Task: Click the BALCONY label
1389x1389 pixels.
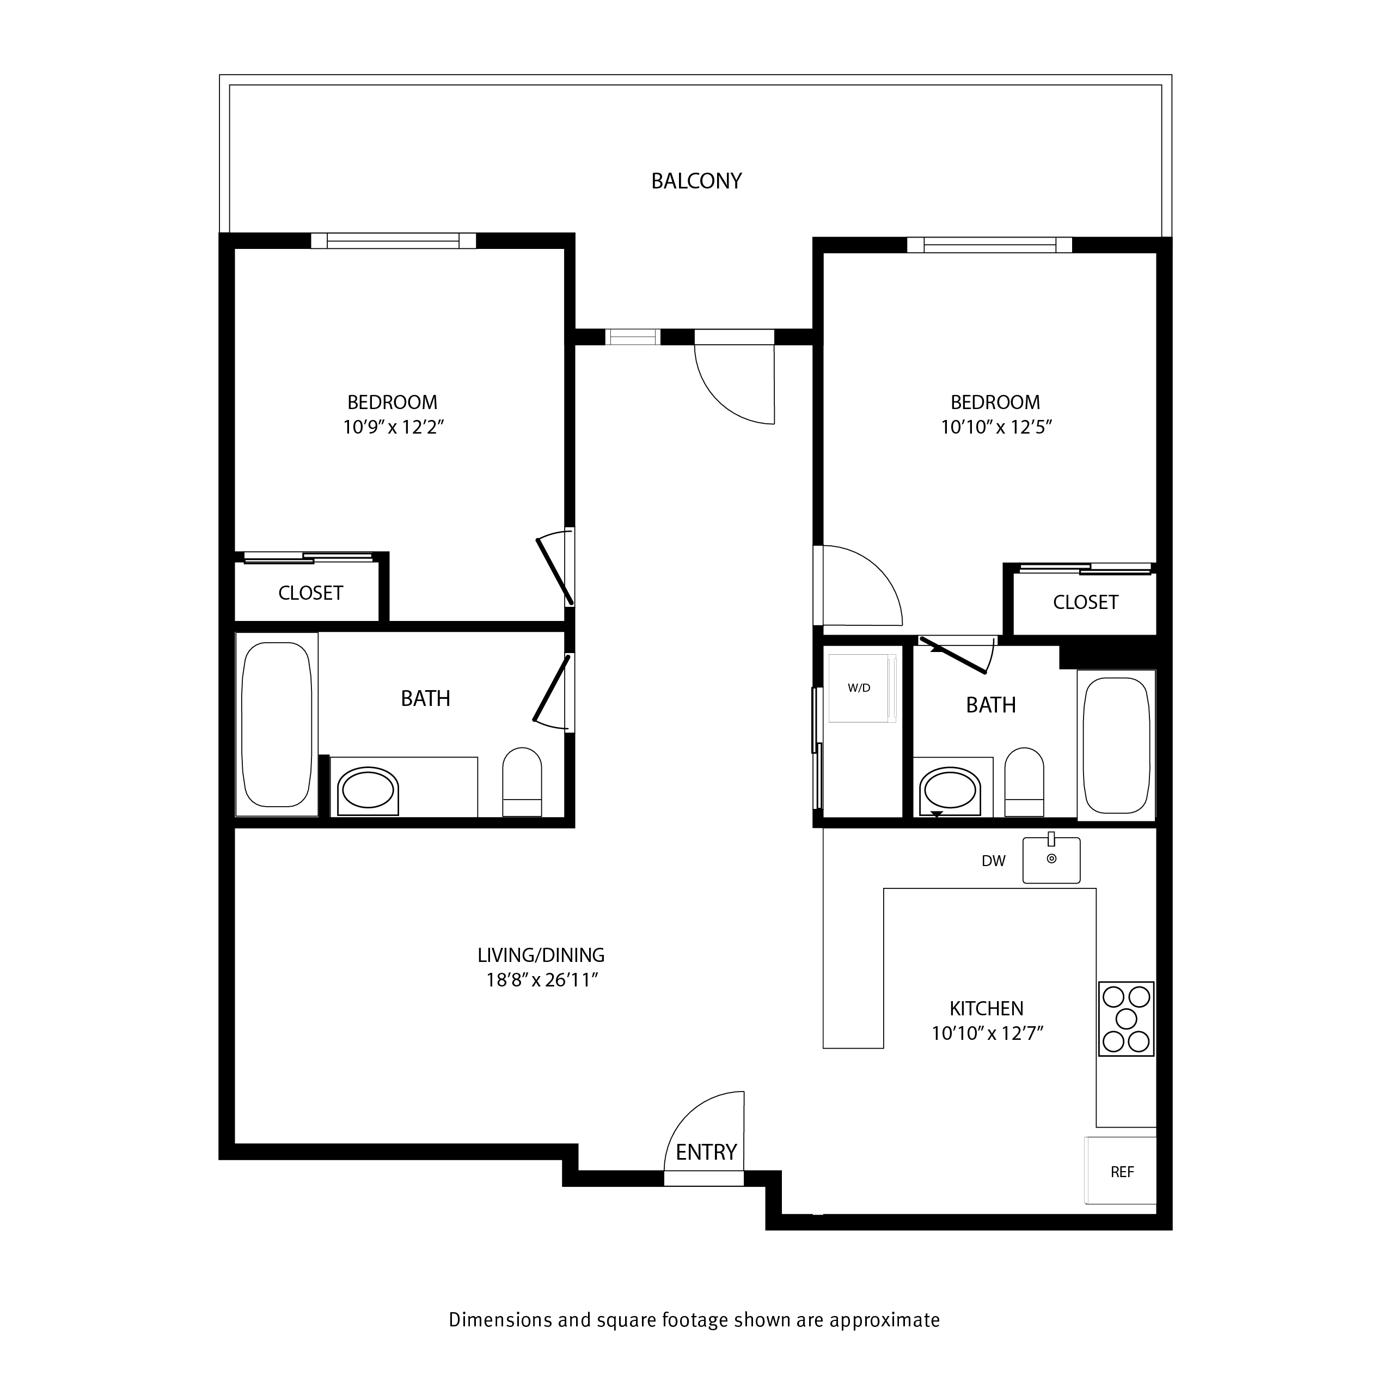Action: (x=696, y=180)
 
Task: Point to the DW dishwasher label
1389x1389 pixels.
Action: (x=994, y=861)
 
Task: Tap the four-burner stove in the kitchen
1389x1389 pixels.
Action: (x=1126, y=1019)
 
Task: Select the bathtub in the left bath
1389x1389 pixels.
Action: (x=277, y=724)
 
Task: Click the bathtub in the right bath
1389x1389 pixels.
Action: (x=1117, y=745)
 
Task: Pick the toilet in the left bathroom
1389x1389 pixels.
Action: (x=522, y=782)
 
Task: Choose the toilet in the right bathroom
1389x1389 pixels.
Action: (x=1024, y=782)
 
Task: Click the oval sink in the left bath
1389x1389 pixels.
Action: (x=368, y=791)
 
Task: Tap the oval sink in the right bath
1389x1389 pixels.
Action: (x=950, y=792)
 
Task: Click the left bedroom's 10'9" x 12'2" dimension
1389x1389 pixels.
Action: (x=393, y=427)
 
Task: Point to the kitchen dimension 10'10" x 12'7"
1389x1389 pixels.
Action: (x=987, y=1034)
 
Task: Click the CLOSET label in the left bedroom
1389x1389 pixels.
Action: (x=310, y=593)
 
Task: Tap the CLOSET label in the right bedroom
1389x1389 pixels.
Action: (x=1086, y=602)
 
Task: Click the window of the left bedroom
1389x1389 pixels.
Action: (x=393, y=240)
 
